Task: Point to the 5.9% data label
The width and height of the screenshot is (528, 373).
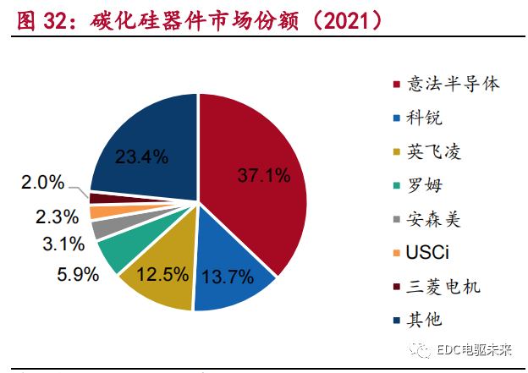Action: click(x=75, y=273)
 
